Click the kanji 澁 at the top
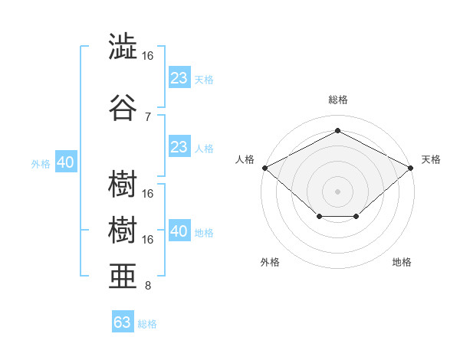point(123,47)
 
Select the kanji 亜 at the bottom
point(123,275)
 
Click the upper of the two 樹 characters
point(123,184)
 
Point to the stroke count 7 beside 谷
point(147,116)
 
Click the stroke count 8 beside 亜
point(147,286)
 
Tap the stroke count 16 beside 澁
point(148,56)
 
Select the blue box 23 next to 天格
point(179,78)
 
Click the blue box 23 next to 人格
point(179,147)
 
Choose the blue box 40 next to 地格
point(179,231)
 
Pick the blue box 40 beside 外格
point(65,162)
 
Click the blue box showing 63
point(123,322)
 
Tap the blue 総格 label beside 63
point(147,324)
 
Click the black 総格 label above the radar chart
point(337,100)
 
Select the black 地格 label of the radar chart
point(402,263)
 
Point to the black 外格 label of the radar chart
point(270,263)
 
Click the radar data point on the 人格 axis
point(264,168)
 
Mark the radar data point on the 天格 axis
point(411,168)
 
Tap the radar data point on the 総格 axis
point(337,130)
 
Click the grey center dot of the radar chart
point(337,191)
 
